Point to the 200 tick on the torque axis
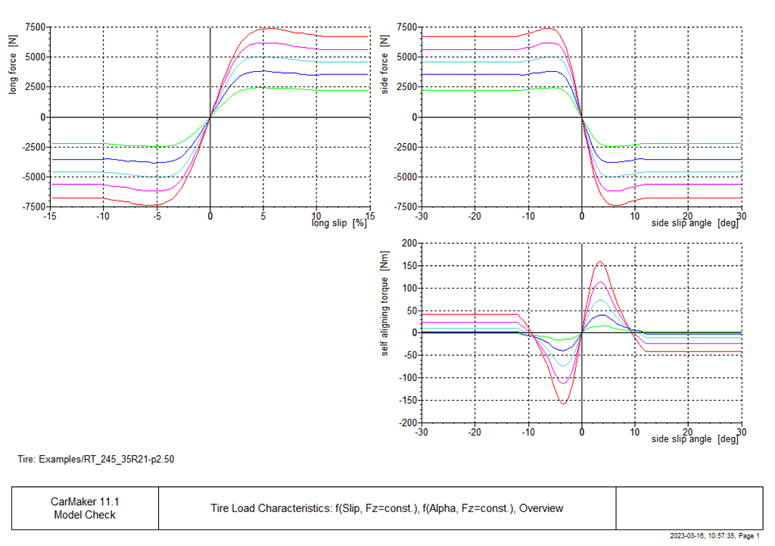[409, 243]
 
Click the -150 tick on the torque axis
[407, 401]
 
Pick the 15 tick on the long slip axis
[369, 215]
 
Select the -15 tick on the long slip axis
[50, 215]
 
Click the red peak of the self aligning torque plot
[600, 262]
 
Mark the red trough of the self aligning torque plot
[564, 403]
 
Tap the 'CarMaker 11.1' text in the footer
[85, 501]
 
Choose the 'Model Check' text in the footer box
[85, 515]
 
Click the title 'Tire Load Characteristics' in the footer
[271, 508]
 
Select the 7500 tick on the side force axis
[406, 27]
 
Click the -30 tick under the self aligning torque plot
[422, 432]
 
